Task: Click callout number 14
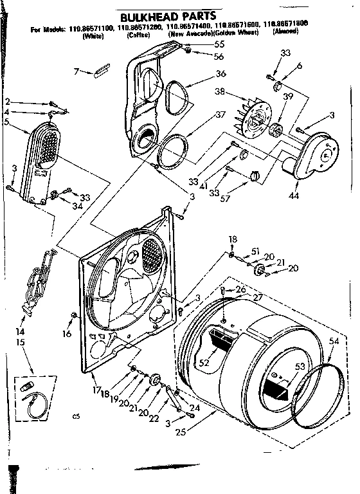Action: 21,331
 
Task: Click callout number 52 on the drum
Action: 205,363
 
